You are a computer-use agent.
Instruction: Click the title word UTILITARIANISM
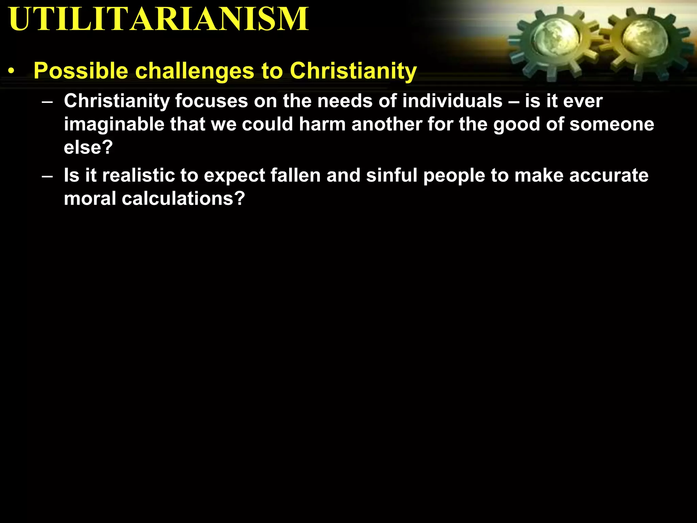pyautogui.click(x=159, y=19)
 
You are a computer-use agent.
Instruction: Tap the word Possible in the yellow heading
pyautogui.click(x=81, y=71)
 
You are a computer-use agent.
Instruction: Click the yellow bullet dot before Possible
pyautogui.click(x=12, y=72)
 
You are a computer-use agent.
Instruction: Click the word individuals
pyautogui.click(x=452, y=101)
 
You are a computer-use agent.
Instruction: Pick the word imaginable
pyautogui.click(x=114, y=124)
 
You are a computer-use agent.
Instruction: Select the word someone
pyautogui.click(x=612, y=124)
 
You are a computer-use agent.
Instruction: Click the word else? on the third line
pyautogui.click(x=88, y=147)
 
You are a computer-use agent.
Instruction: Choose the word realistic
pyautogui.click(x=138, y=175)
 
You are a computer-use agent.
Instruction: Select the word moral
pyautogui.click(x=90, y=199)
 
